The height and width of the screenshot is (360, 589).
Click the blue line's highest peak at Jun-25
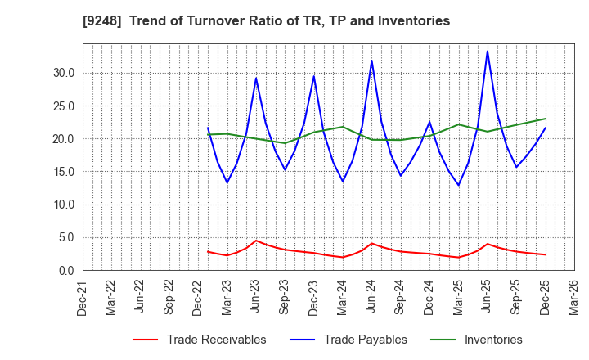pyautogui.click(x=488, y=51)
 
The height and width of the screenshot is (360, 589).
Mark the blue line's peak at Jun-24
pyautogui.click(x=371, y=61)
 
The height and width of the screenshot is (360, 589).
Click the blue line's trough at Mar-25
pyautogui.click(x=459, y=185)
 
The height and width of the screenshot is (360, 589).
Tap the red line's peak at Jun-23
pyautogui.click(x=256, y=241)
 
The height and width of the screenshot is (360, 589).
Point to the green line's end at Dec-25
pyautogui.click(x=545, y=119)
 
